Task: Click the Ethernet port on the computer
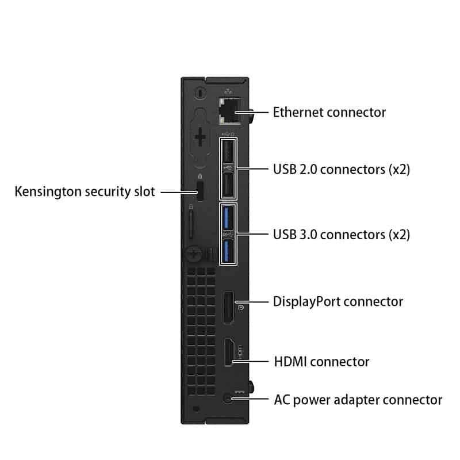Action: pyautogui.click(x=230, y=111)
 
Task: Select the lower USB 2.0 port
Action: pyautogui.click(x=228, y=185)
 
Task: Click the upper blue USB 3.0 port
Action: pyautogui.click(x=228, y=218)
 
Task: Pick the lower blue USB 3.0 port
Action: pyautogui.click(x=228, y=251)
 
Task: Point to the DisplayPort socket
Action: pyautogui.click(x=228, y=308)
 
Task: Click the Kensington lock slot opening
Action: pyautogui.click(x=200, y=191)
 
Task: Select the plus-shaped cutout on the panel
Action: pyautogui.click(x=200, y=137)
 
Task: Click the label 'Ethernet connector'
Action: pyautogui.click(x=329, y=112)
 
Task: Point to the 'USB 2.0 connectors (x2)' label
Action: pyautogui.click(x=342, y=170)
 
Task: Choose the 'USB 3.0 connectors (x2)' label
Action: pyautogui.click(x=342, y=235)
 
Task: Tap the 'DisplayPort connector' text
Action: pyautogui.click(x=338, y=302)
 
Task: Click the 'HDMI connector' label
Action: pyautogui.click(x=321, y=362)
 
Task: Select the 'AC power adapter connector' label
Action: pyautogui.click(x=358, y=400)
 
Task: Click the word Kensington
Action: pyautogui.click(x=48, y=192)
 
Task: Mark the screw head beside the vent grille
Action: pyautogui.click(x=194, y=254)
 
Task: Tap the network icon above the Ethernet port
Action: pyautogui.click(x=228, y=91)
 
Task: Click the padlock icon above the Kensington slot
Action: pyautogui.click(x=200, y=177)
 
